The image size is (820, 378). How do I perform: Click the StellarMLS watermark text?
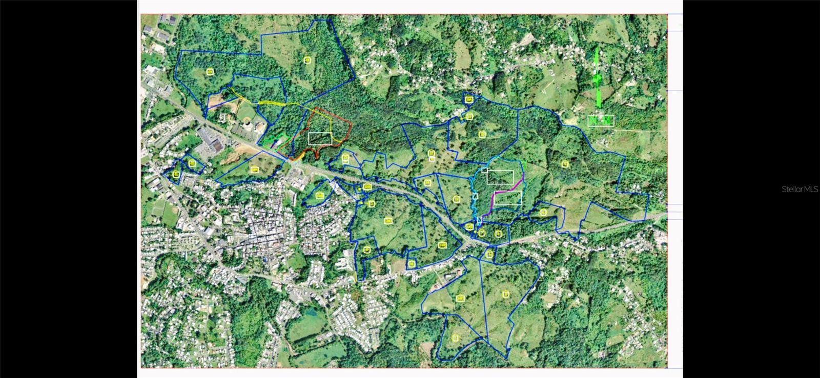[799, 189]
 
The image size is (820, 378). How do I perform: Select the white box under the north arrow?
[601, 121]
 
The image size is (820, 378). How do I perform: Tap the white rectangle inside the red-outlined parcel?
[320, 138]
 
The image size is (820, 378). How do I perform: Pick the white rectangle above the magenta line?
[500, 177]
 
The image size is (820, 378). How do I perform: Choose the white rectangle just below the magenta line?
[508, 198]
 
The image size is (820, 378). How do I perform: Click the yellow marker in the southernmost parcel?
[456, 338]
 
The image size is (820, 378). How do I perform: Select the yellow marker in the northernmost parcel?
[307, 60]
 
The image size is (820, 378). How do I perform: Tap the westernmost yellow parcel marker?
[176, 175]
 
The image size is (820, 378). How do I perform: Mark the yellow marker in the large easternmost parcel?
[565, 164]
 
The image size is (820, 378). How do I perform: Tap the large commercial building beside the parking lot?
[208, 136]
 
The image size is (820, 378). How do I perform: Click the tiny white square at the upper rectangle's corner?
[484, 170]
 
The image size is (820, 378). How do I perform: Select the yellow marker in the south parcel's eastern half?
[506, 293]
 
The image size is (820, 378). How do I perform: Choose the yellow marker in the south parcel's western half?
[460, 298]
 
